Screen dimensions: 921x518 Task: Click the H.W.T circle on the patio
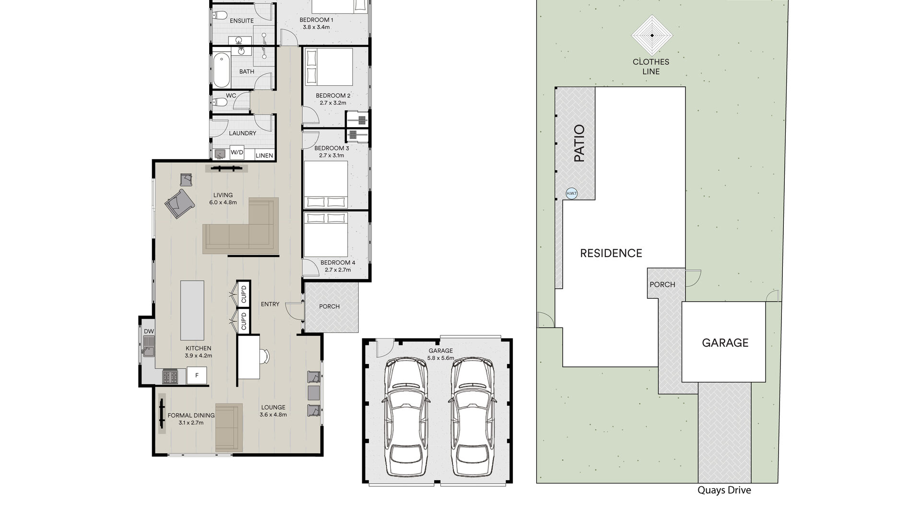point(572,193)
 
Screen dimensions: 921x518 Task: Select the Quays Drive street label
point(724,490)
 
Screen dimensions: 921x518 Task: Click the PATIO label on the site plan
point(579,143)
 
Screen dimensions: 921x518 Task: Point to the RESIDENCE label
point(611,253)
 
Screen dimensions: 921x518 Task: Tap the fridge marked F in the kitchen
point(197,375)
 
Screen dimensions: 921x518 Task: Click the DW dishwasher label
point(149,331)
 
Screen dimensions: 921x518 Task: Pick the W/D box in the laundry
point(237,153)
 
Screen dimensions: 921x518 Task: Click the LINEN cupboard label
point(264,155)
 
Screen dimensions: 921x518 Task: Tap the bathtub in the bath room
point(221,71)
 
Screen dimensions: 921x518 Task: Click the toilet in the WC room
point(220,102)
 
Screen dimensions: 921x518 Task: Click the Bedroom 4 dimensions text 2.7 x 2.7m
point(338,270)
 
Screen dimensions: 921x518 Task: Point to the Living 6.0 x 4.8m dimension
point(223,202)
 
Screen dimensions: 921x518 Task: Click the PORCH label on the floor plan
point(330,306)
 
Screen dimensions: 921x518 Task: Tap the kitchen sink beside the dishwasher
point(148,346)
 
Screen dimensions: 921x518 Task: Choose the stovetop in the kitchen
point(170,377)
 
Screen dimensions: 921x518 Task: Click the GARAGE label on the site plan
point(725,342)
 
